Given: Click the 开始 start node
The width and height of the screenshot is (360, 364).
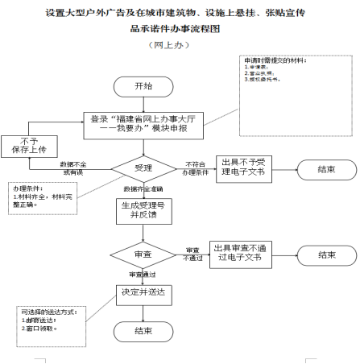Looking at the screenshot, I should click(143, 86).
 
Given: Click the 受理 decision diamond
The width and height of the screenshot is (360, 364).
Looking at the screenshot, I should click(143, 168).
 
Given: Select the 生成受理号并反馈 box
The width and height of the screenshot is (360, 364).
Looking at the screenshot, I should click(143, 210).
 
